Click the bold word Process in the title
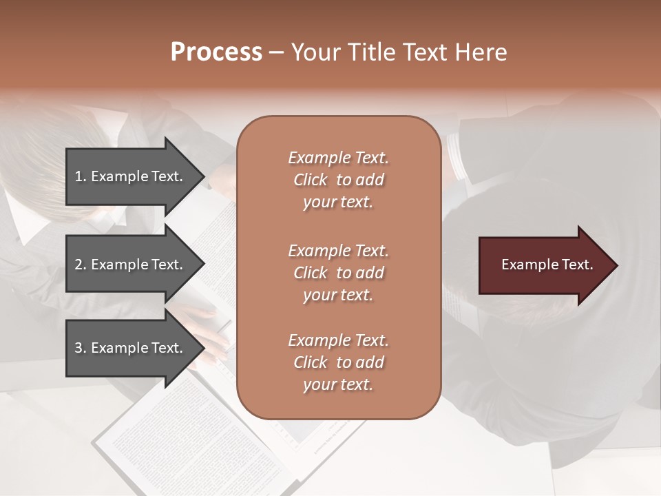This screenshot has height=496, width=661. [216, 52]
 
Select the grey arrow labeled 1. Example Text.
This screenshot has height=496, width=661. [129, 176]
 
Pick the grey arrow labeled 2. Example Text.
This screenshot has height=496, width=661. [129, 265]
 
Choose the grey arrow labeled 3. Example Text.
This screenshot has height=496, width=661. [129, 348]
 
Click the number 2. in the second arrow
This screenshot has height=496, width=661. [81, 265]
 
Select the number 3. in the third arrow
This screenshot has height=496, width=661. [81, 348]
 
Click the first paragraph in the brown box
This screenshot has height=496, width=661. [338, 180]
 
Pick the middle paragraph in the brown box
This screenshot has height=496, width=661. [338, 273]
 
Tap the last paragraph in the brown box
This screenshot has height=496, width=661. [338, 362]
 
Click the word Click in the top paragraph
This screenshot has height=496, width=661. [311, 180]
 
